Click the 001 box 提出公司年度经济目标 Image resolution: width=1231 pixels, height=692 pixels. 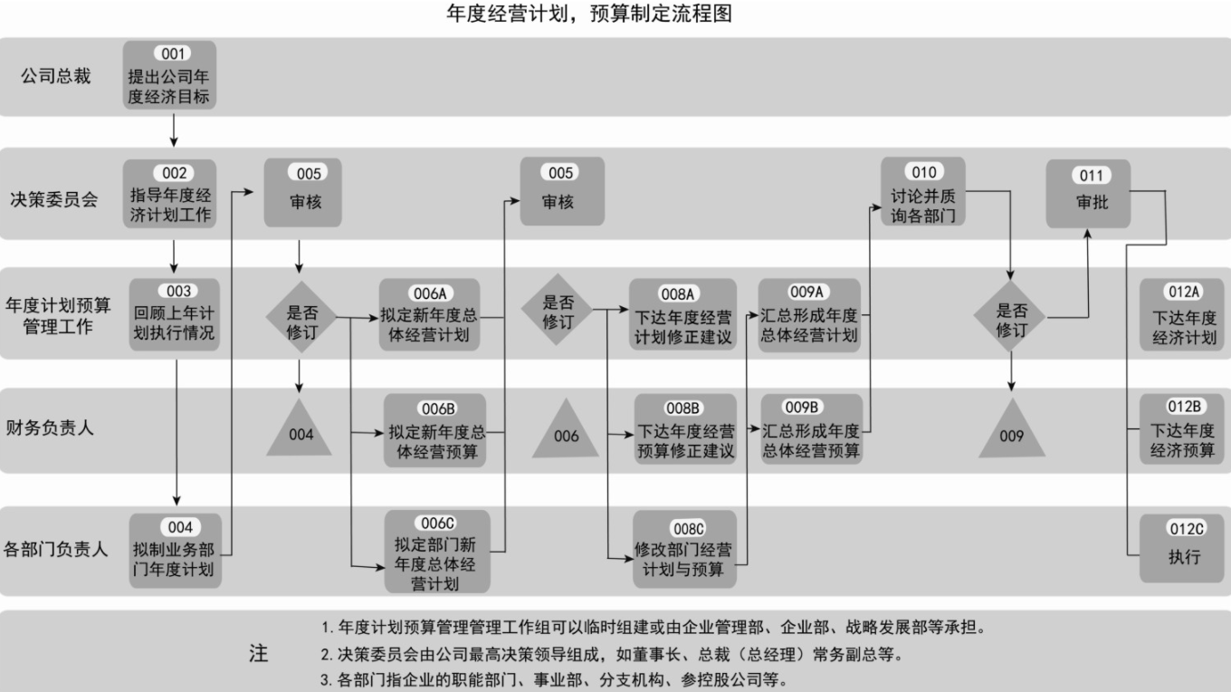point(170,76)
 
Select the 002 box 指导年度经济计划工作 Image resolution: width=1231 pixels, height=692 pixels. point(170,194)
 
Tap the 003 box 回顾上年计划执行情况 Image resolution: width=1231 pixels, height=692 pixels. point(173,313)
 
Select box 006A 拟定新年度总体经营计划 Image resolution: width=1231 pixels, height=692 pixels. point(428,315)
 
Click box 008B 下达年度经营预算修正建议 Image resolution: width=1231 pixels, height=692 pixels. point(685,429)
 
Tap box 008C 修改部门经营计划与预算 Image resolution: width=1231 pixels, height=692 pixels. point(684,549)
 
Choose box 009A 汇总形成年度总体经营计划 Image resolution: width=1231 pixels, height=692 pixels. point(810,313)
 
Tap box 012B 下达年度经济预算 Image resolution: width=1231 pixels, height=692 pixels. point(1183,429)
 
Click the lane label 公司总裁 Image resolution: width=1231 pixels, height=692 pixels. point(56,76)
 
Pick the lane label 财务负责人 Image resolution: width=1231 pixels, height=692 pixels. point(50,428)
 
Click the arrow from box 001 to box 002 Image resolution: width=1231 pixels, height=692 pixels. point(172,130)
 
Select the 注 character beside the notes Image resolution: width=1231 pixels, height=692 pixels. point(259,653)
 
